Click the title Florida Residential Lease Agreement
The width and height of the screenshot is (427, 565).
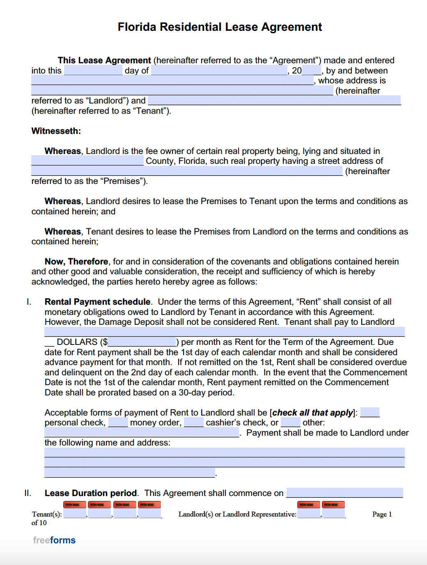220,27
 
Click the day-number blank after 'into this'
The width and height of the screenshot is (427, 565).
93,71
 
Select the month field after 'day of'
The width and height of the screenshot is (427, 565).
219,71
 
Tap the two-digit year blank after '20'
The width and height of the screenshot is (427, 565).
311,71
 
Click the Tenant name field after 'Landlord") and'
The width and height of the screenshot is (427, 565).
274,101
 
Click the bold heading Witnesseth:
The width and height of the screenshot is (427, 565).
56,131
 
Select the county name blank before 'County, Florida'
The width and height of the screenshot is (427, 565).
87,161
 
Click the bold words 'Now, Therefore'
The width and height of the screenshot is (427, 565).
76,262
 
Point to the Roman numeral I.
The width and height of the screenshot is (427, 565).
29,302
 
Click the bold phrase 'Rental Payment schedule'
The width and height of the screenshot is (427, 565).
97,302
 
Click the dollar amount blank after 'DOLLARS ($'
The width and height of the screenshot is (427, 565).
142,342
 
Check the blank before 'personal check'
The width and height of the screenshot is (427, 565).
370,413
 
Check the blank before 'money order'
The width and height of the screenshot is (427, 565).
118,423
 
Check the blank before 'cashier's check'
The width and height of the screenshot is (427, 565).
194,423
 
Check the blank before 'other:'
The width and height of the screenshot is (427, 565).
291,423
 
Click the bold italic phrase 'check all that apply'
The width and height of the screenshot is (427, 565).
312,413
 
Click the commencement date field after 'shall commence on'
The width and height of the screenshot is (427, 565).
344,493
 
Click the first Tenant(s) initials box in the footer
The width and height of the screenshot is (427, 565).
74,513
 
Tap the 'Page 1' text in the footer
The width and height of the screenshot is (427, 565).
382,514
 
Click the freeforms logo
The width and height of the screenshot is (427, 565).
54,540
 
